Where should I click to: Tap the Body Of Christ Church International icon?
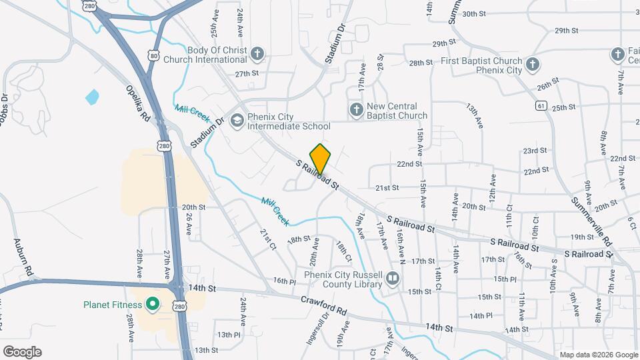(x=258, y=53)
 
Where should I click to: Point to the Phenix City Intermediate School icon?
(x=236, y=121)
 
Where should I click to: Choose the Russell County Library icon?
(x=393, y=278)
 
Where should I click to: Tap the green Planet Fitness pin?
(x=152, y=305)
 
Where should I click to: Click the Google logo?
(x=21, y=352)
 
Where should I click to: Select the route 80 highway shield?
(x=154, y=57)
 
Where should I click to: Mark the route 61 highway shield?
(x=539, y=105)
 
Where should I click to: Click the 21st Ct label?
(x=268, y=238)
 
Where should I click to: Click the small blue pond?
(x=91, y=97)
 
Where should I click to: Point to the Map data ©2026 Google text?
(x=598, y=355)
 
